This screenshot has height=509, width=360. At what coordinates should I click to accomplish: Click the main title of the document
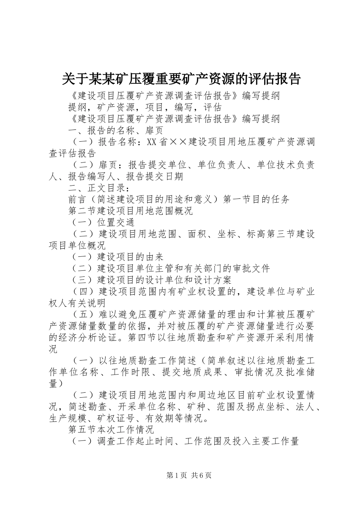181,78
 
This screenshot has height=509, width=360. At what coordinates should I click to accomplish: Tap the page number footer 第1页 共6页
188,475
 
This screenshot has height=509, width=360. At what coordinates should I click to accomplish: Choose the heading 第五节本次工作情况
111,430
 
